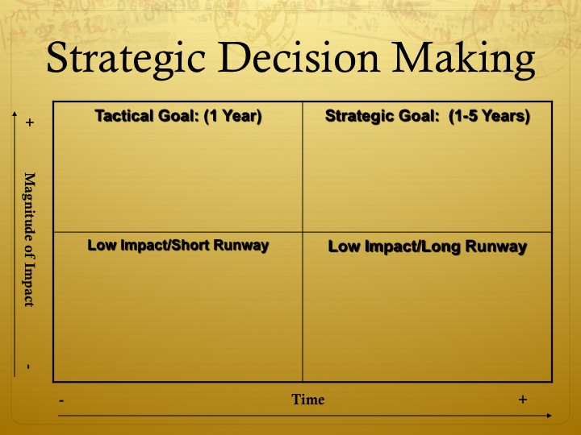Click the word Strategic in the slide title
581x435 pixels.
point(126,59)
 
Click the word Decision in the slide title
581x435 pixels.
point(299,57)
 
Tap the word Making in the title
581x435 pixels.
point(463,60)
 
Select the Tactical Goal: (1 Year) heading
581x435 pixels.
point(178,116)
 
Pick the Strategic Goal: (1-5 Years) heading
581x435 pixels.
point(428,116)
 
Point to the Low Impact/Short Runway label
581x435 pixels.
point(178,246)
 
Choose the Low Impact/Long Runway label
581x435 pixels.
point(428,246)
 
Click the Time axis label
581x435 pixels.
point(308,400)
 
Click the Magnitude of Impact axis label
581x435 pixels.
point(30,240)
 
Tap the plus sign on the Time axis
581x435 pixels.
point(522,400)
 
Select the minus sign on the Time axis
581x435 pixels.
point(61,401)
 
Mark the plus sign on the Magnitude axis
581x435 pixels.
point(30,122)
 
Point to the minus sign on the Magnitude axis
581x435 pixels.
point(28,367)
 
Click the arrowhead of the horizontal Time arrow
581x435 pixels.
point(550,416)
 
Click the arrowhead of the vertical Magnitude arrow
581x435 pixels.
point(15,114)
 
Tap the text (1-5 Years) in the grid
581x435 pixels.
point(490,116)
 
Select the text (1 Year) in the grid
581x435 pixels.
point(233,116)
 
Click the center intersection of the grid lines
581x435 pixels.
point(303,232)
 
